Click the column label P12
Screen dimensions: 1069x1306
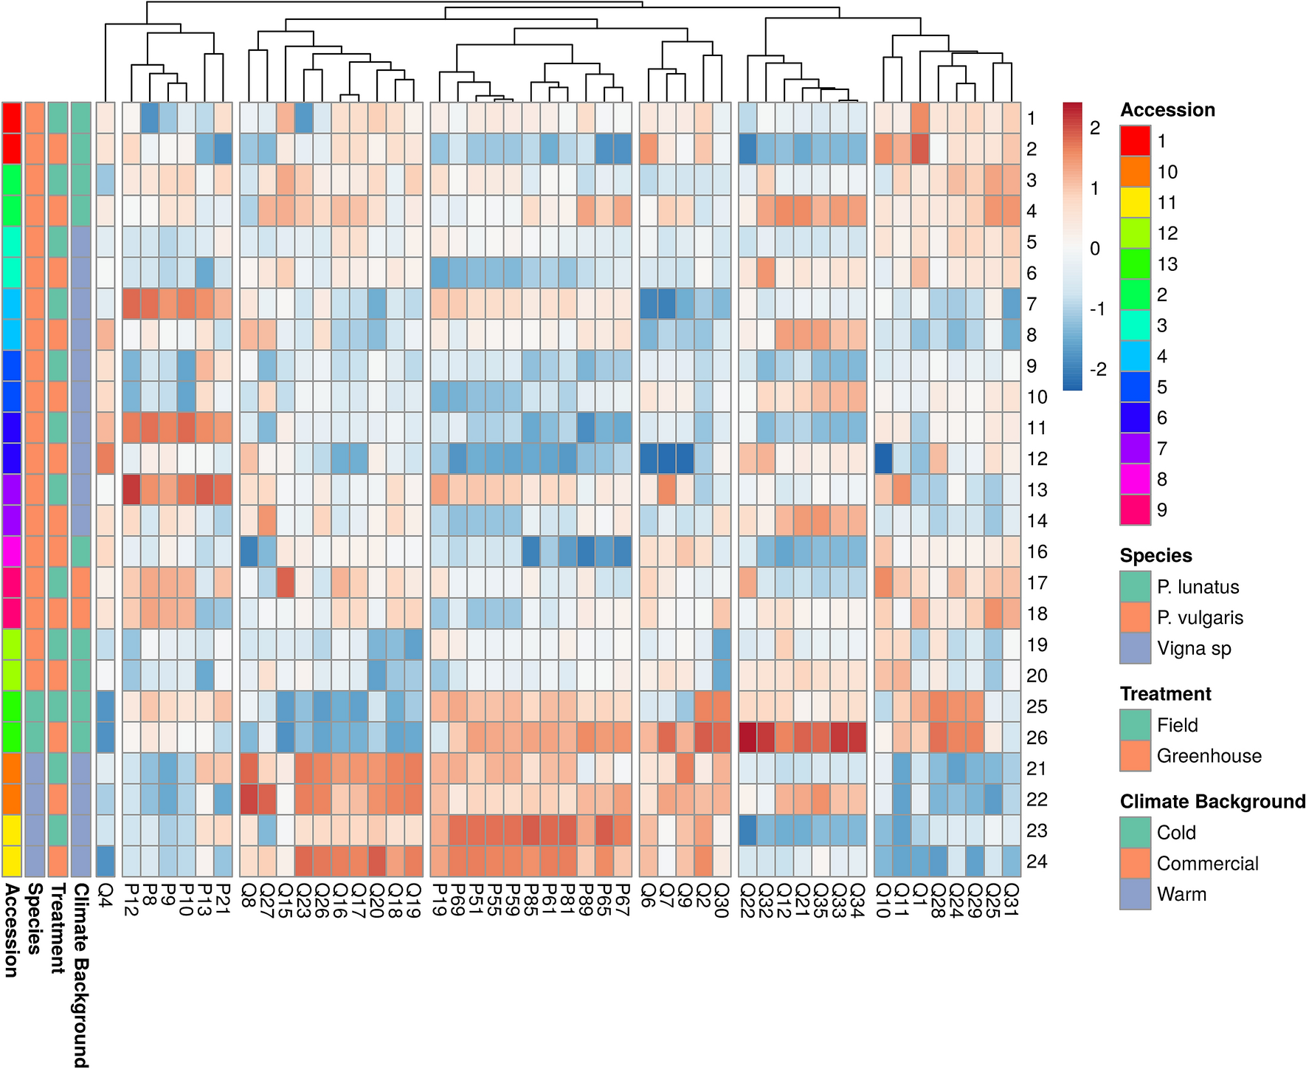[131, 899]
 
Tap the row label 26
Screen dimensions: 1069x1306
[1037, 738]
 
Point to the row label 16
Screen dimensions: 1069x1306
[1037, 551]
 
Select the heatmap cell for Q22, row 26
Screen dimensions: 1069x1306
[747, 738]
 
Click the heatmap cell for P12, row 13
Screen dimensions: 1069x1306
[131, 489]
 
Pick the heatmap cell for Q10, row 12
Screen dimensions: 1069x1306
[882, 458]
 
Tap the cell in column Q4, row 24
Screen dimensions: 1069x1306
[106, 862]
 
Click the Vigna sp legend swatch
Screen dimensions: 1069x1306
[1135, 648]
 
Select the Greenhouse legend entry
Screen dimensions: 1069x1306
[1209, 756]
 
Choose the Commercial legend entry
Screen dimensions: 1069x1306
[1207, 863]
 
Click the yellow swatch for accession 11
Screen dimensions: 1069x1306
[1135, 202]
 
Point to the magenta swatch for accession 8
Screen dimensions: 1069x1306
[1135, 479]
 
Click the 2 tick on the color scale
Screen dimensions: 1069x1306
[1095, 128]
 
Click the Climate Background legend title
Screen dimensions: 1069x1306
[1212, 802]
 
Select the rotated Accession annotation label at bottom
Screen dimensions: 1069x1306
[11, 930]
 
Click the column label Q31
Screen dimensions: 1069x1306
[1011, 899]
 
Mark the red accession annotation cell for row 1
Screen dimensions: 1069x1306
[12, 118]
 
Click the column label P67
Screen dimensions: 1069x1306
[622, 899]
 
